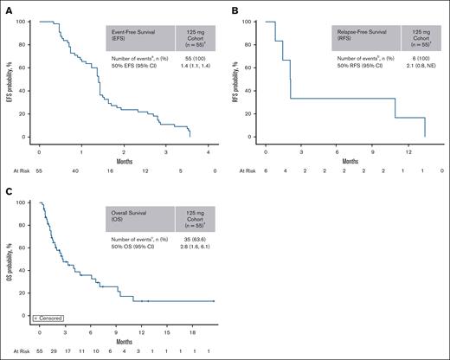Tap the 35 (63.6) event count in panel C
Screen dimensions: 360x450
(196, 237)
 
